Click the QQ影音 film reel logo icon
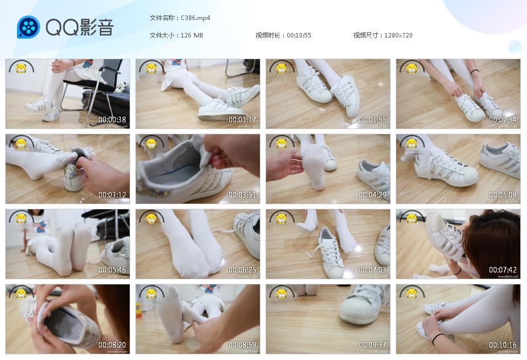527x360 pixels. (x=28, y=27)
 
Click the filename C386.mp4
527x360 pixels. (x=196, y=18)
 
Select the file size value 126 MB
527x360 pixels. (x=192, y=35)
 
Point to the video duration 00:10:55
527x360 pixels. (x=299, y=35)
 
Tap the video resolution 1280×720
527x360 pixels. (x=398, y=35)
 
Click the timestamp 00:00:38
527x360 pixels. (x=112, y=120)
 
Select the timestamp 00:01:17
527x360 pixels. (x=242, y=120)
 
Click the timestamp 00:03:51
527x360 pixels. (x=242, y=195)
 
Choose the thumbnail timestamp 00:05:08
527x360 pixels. (x=502, y=195)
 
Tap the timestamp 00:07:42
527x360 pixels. (x=502, y=270)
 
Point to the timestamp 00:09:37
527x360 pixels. (x=372, y=345)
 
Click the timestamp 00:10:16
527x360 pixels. (x=502, y=345)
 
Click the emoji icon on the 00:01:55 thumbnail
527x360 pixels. (x=282, y=67)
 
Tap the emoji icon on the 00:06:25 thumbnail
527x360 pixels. (x=151, y=218)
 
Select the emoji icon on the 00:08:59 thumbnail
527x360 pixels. (x=151, y=293)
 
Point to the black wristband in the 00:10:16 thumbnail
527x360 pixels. (x=437, y=338)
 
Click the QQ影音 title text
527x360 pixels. (x=80, y=27)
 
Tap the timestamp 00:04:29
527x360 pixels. (x=372, y=195)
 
